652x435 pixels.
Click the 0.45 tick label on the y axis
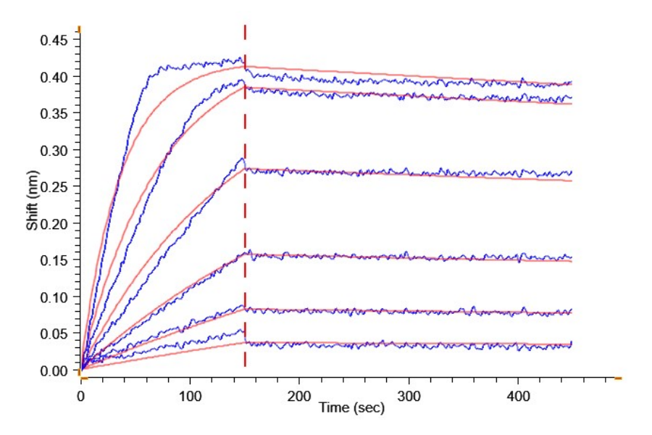(54, 40)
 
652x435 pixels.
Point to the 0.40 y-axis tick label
(54, 77)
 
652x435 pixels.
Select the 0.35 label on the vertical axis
(54, 113)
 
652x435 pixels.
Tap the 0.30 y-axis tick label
(54, 150)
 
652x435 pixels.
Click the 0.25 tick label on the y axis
(54, 187)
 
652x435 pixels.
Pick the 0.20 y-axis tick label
(54, 223)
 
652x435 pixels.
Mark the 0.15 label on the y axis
(54, 260)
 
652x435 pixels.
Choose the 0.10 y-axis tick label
(54, 297)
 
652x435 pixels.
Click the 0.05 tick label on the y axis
(54, 333)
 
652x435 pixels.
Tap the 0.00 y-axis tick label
(54, 370)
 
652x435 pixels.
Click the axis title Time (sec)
(352, 408)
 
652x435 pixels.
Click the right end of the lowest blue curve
(572, 343)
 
